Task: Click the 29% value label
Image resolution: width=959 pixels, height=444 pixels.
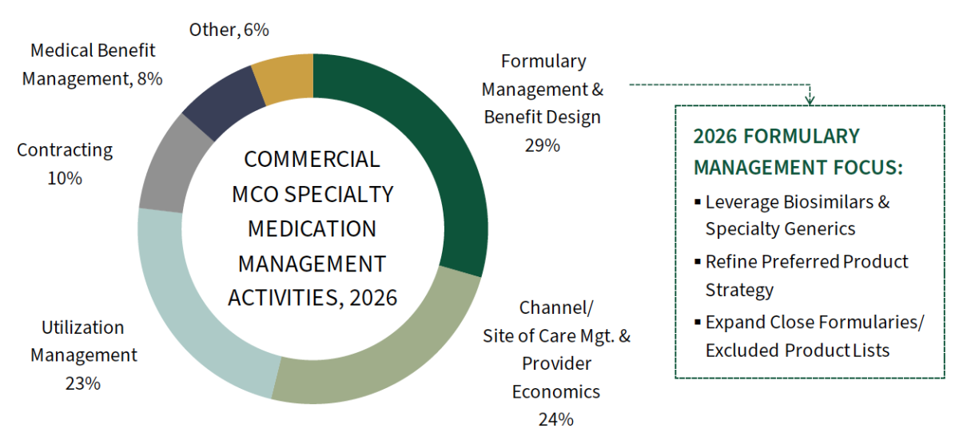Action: [x=543, y=145]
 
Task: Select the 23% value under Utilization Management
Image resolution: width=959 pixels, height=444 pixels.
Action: [x=82, y=383]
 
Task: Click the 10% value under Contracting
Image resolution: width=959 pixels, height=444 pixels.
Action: [x=65, y=178]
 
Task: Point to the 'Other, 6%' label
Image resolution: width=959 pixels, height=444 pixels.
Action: [x=229, y=30]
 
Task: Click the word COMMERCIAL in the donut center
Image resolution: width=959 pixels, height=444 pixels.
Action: [x=312, y=159]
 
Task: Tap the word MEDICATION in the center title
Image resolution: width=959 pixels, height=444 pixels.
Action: [x=312, y=228]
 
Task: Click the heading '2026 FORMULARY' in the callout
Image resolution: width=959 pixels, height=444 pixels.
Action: [x=776, y=136]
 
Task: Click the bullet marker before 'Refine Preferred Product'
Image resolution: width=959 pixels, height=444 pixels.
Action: [x=698, y=261]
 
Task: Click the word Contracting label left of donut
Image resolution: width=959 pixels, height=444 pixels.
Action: [x=65, y=150]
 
